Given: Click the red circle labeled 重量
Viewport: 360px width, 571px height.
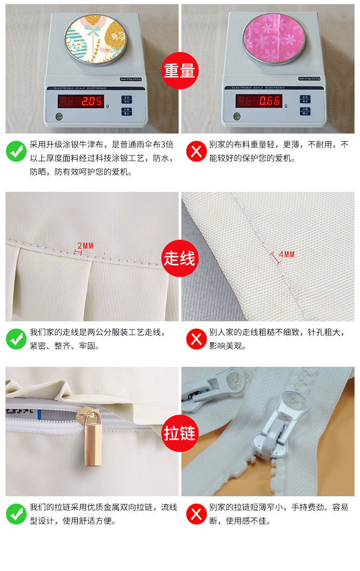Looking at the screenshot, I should point(180,71).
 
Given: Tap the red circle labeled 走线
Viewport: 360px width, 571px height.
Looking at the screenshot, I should point(180,258).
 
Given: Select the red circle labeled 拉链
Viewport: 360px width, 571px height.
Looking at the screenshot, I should point(180,433).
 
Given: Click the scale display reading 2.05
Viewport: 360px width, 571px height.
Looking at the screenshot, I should point(81,101).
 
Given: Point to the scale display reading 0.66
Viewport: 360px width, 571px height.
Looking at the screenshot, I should point(258,101).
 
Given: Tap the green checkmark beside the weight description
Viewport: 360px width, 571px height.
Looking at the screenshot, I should point(16,151).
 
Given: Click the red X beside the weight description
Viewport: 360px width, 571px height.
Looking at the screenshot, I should point(196,151).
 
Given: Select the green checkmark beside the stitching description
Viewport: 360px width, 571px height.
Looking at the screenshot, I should point(16,339).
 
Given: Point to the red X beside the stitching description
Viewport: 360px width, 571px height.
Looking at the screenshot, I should point(196,339).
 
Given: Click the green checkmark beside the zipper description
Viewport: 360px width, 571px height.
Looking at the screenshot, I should point(16,514).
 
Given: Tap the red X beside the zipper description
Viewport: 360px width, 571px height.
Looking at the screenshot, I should point(196,514).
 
